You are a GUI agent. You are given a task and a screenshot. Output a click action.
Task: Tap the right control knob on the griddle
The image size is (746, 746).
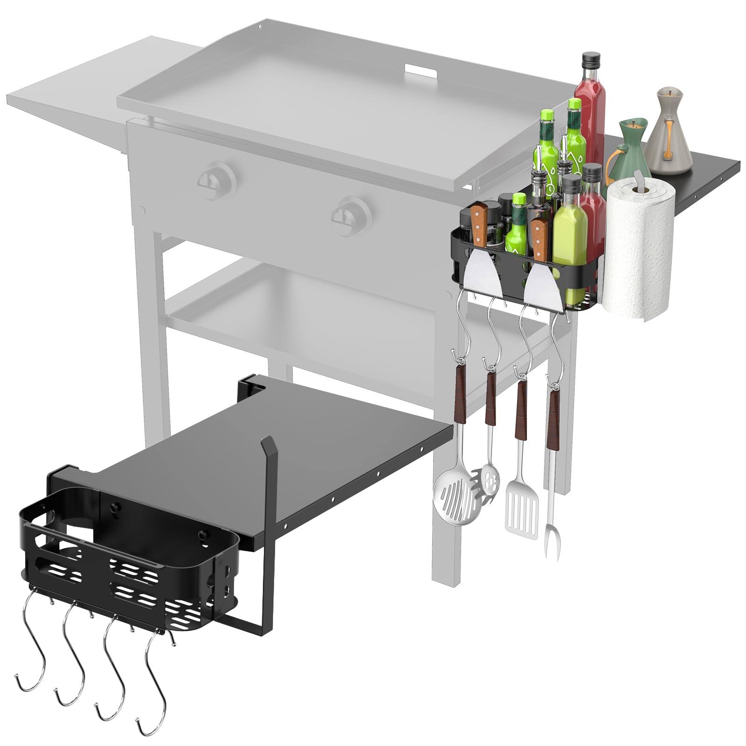point(351,214)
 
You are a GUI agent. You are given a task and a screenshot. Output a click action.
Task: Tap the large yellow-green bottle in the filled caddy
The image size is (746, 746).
point(569,242)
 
